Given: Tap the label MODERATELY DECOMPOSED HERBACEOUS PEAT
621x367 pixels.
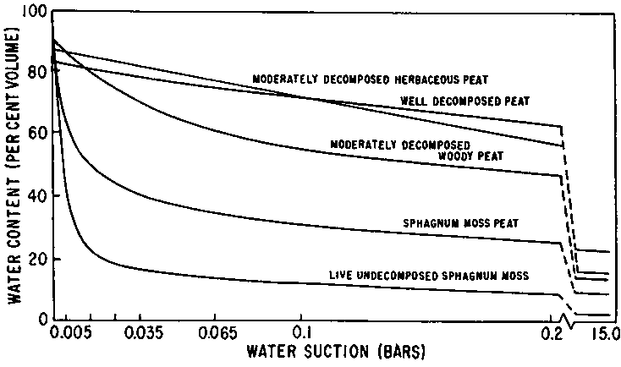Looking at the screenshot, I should (x=371, y=79).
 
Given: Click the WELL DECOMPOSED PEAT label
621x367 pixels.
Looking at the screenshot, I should (x=465, y=101).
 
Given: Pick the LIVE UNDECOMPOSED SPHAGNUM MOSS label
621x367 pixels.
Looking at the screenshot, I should (x=430, y=277).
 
